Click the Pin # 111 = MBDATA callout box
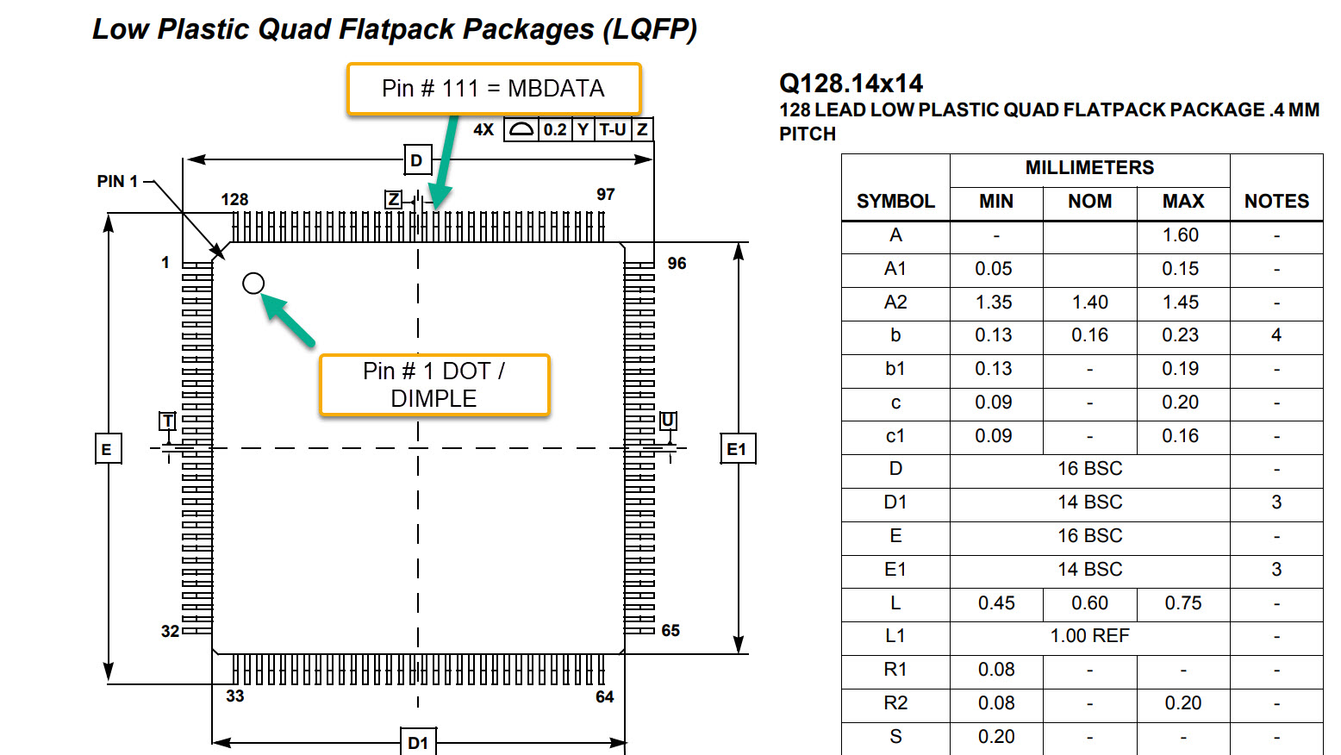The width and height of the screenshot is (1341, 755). [494, 89]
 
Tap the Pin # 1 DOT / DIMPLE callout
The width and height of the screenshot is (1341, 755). [434, 385]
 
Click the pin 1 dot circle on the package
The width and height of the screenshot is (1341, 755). [253, 284]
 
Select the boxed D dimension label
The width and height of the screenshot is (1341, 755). [417, 159]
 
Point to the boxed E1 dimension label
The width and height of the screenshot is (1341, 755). [738, 448]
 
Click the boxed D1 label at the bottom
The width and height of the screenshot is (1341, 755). [418, 742]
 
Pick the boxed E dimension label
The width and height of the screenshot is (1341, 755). [109, 448]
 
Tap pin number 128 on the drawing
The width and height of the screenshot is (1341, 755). [234, 199]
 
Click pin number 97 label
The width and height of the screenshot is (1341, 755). [605, 194]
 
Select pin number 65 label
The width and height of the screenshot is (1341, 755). [670, 631]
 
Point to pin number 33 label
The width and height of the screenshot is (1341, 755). [235, 696]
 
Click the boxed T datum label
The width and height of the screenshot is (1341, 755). [167, 421]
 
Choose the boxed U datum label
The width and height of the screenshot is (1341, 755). [668, 421]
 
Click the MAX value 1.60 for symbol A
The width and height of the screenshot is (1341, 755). [1181, 234]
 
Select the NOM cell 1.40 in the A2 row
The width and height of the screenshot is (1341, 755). [1089, 302]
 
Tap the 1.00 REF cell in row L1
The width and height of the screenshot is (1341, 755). [1089, 635]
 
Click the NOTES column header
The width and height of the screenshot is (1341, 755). [1277, 201]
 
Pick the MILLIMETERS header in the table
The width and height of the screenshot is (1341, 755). [1089, 168]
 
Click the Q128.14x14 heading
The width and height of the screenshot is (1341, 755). [851, 84]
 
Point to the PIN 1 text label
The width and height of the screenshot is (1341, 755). [117, 181]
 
